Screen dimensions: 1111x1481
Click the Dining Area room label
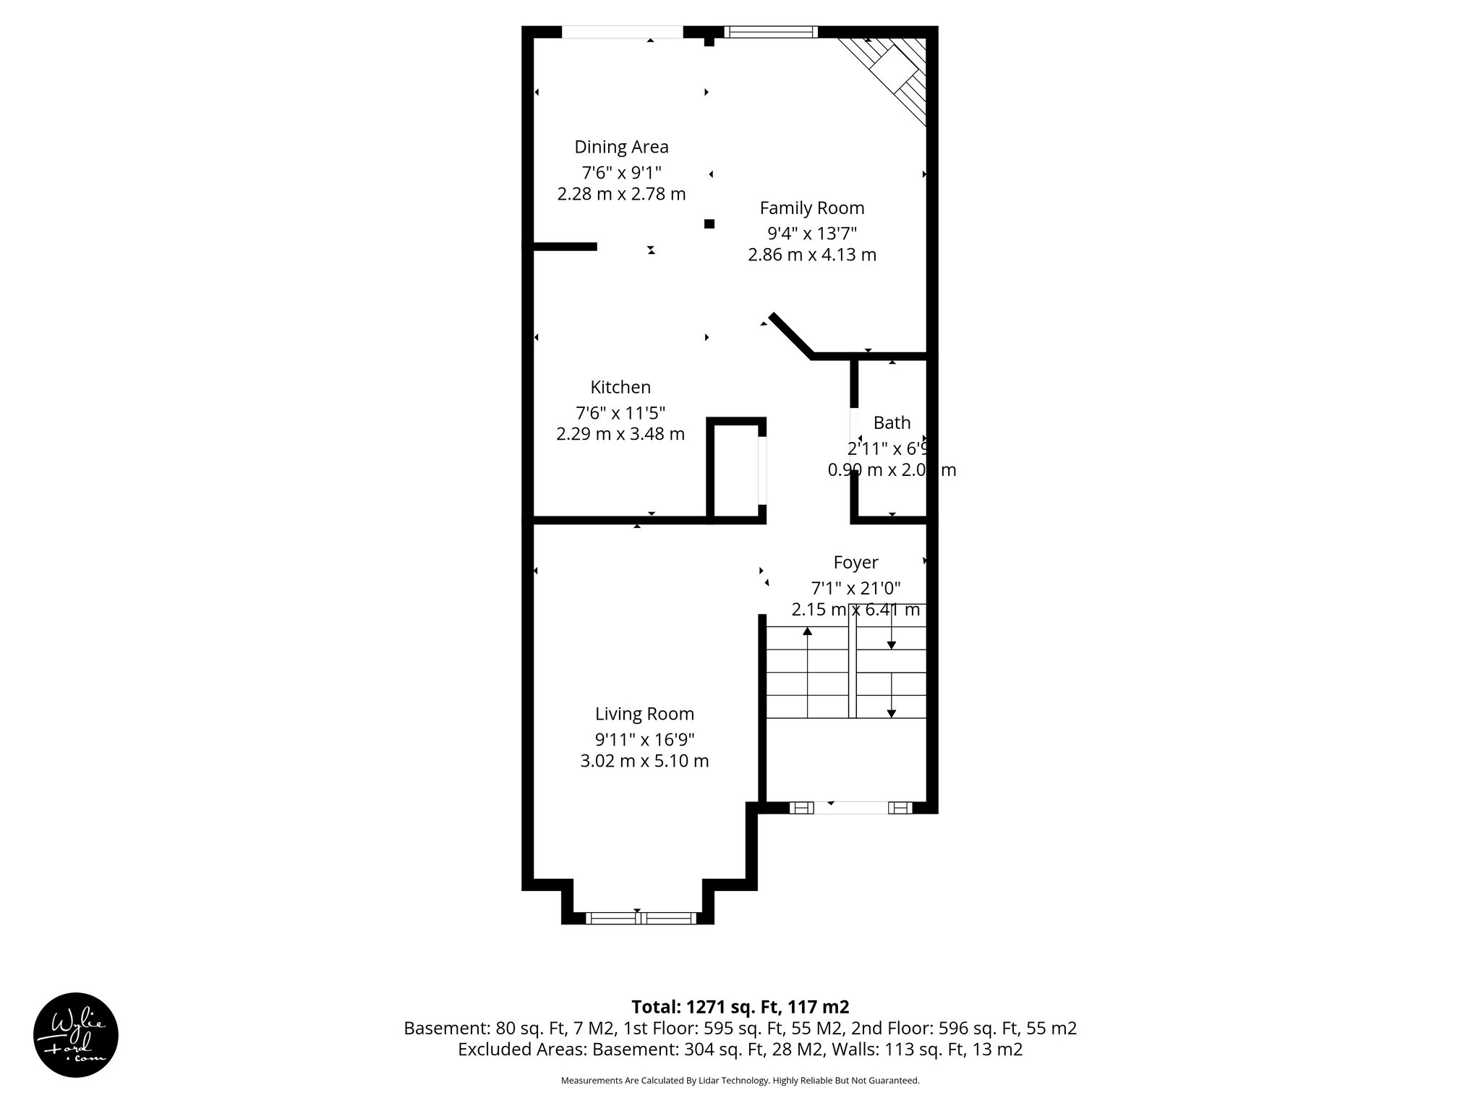[x=621, y=147]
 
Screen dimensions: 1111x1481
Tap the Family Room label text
[x=811, y=208]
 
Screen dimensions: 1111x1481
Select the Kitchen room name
[x=620, y=387]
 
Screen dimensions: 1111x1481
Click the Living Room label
[x=644, y=714]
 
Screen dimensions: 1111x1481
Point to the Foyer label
[x=855, y=562]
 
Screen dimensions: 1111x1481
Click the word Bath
[x=892, y=422]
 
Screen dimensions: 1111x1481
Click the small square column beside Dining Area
[x=709, y=224]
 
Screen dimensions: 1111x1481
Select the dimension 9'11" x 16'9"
[x=644, y=739]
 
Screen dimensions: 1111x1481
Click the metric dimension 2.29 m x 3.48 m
[x=620, y=434]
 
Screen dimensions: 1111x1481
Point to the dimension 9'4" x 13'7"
[x=811, y=233]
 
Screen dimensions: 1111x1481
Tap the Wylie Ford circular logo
[x=76, y=1035]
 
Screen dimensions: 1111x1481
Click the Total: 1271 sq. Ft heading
[x=740, y=1007]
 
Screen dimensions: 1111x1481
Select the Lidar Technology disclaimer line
[x=740, y=1081]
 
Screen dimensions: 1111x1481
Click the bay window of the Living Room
[x=641, y=918]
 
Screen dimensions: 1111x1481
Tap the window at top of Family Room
[x=771, y=32]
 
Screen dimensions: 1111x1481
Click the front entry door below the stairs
[x=850, y=808]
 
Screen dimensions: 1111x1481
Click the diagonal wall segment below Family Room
[x=791, y=336]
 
